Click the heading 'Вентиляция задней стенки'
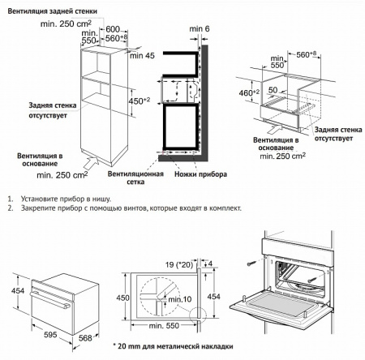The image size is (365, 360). [52, 11]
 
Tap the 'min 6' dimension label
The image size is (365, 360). [200, 28]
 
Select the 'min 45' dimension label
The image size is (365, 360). [142, 56]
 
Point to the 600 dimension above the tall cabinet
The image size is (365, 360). [113, 29]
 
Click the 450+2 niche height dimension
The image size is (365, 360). [139, 101]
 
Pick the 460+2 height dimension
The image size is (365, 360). [249, 92]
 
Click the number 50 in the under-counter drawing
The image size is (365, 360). [273, 90]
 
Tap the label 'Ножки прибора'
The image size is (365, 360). [200, 174]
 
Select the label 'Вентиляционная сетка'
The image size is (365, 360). [135, 178]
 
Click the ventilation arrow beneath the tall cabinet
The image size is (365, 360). [91, 163]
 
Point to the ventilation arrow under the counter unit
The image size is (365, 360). [275, 128]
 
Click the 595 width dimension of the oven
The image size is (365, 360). [50, 335]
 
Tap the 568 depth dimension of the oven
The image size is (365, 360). [85, 338]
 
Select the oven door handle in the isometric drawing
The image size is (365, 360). [50, 299]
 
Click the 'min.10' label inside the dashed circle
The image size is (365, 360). [180, 299]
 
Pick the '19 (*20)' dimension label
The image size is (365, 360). [179, 264]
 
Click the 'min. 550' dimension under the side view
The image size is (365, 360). [164, 326]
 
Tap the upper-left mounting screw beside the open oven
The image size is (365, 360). [251, 263]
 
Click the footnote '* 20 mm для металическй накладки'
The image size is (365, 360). [173, 346]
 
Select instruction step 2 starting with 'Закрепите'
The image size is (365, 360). [125, 208]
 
